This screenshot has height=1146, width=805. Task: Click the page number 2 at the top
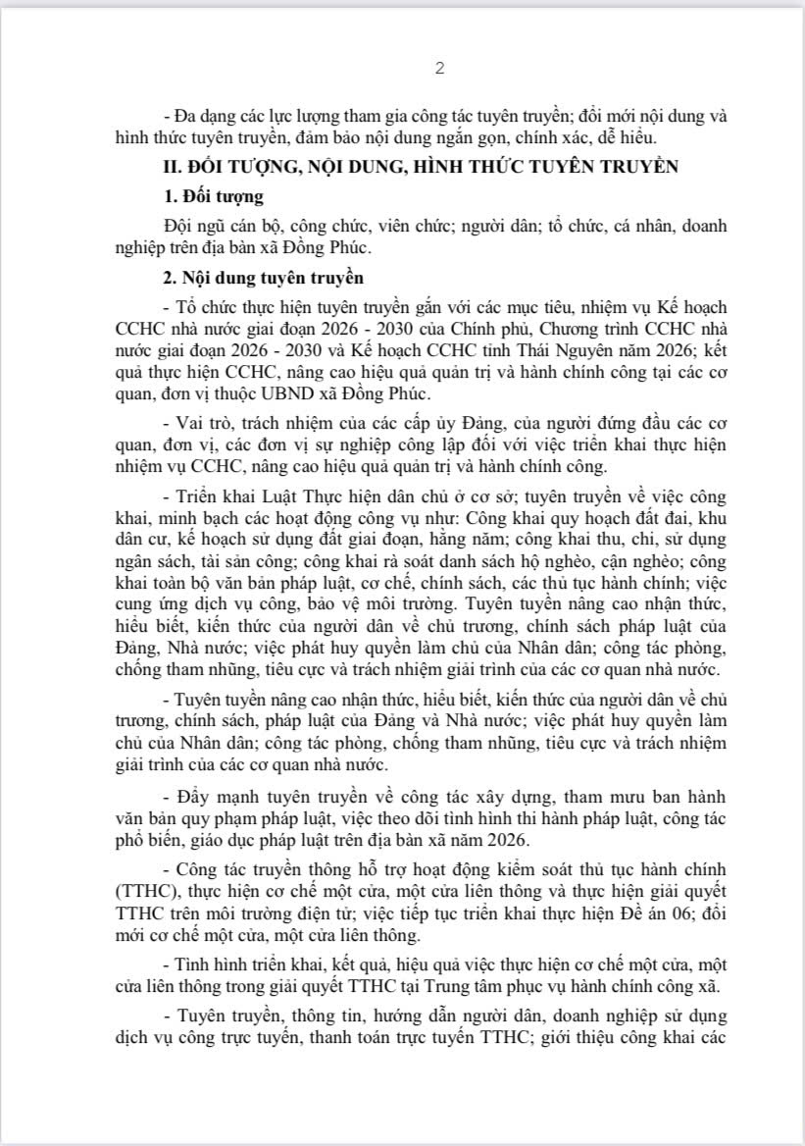[440, 68]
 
